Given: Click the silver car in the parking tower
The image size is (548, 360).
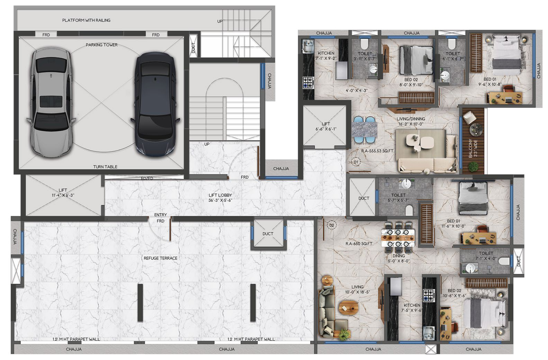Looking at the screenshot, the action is [x=51, y=102].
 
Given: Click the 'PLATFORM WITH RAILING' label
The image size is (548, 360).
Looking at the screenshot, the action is [x=86, y=20].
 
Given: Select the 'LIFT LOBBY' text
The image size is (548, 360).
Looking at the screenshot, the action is [x=220, y=195].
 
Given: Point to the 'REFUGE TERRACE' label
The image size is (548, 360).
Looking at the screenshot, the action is [x=161, y=258].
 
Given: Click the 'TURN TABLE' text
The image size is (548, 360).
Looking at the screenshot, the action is [x=105, y=167].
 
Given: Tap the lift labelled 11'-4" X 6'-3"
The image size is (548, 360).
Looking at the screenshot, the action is [x=63, y=195].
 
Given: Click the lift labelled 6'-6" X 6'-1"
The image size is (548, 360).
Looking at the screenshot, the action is [x=326, y=126].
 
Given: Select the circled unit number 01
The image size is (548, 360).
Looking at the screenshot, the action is [x=356, y=162].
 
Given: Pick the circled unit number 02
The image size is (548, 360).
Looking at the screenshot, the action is [x=332, y=225].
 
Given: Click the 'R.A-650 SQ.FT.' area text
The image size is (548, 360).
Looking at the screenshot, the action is [x=359, y=244].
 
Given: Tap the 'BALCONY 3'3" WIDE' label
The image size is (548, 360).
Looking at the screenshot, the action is [x=473, y=148].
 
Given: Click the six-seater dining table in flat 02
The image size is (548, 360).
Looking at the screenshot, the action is [x=398, y=238].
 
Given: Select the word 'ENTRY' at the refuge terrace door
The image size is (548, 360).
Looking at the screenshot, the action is [x=161, y=215].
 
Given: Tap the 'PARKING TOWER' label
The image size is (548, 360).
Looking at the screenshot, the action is [x=101, y=45].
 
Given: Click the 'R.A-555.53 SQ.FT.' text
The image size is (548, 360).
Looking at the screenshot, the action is [x=377, y=151].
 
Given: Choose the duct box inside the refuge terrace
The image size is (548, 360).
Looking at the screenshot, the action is [x=268, y=234].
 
